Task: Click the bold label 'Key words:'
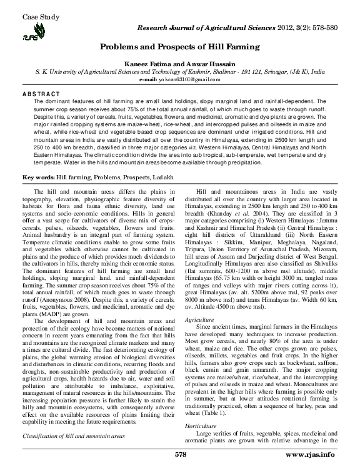pyautogui.click(x=37, y=178)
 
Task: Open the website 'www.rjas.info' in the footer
pyautogui.click(x=316, y=454)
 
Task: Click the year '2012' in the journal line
pyautogui.click(x=291, y=29)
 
